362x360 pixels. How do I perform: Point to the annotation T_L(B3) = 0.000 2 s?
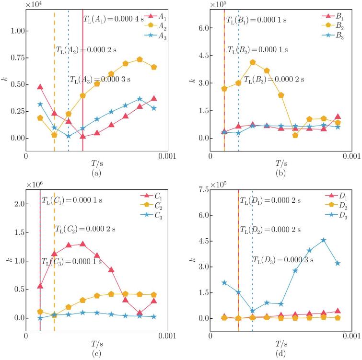(x=274, y=80)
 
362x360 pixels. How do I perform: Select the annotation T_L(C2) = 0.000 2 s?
(x=85, y=229)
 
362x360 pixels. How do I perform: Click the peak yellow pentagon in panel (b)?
(x=253, y=62)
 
